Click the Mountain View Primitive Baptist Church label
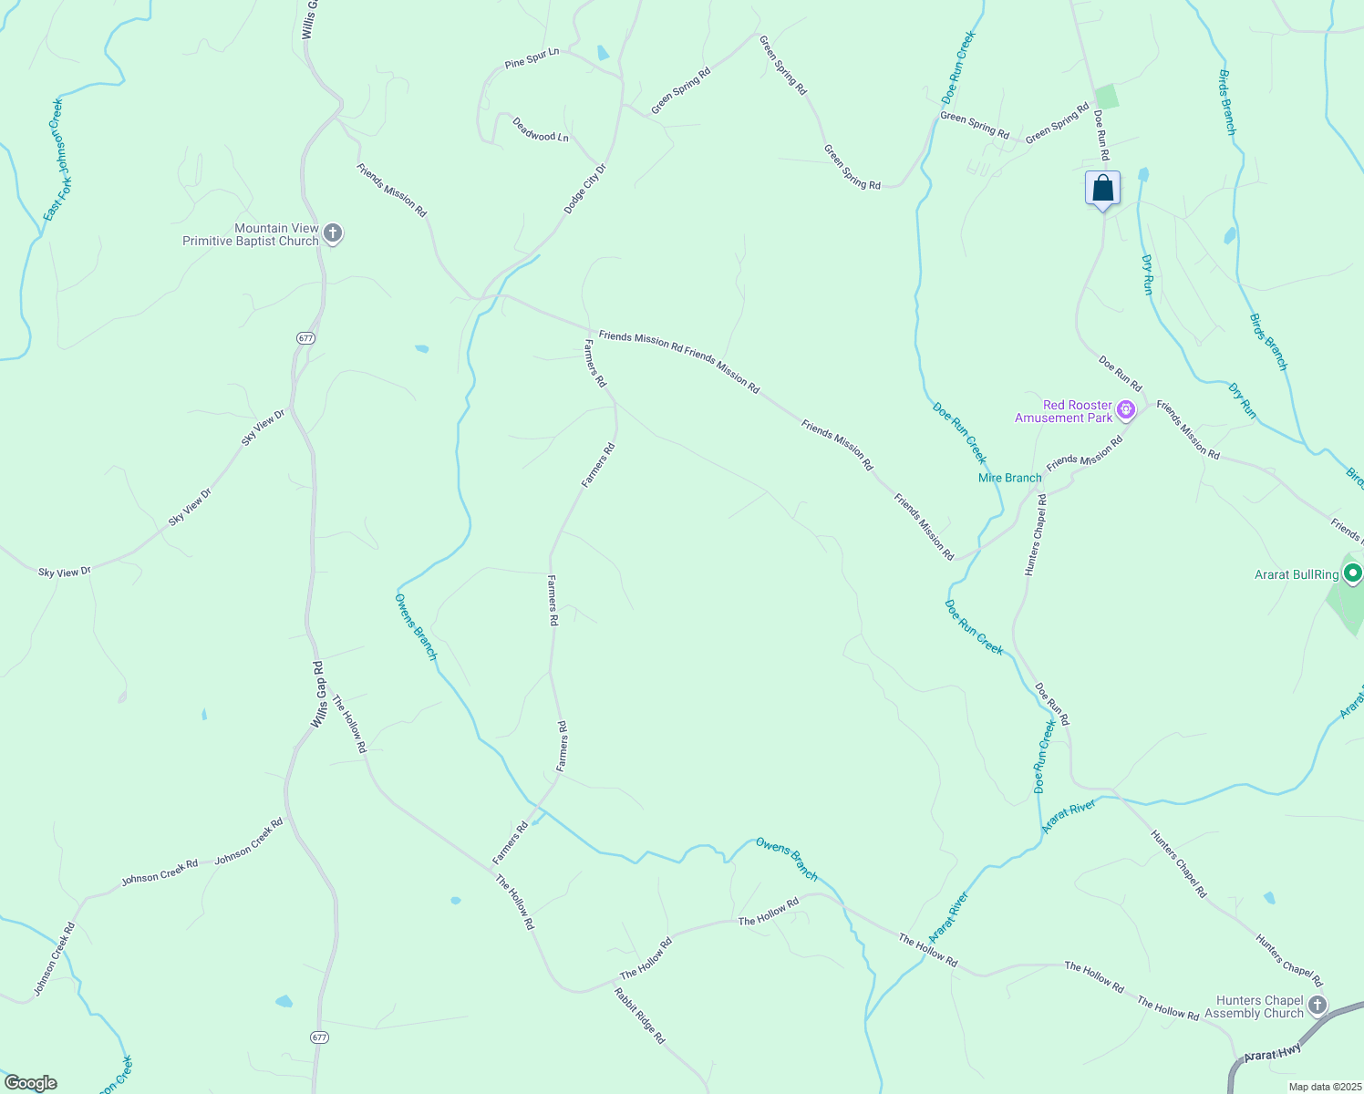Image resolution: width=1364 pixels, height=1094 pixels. coord(251,235)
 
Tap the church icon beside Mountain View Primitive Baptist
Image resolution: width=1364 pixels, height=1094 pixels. coord(333,233)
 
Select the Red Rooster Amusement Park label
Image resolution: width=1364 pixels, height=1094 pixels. coord(1065,411)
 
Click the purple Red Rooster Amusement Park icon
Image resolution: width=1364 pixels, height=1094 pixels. coord(1126,410)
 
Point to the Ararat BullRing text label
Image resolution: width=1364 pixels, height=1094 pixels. coord(1296,574)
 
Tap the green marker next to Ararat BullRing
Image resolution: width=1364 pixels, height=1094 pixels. coord(1353,573)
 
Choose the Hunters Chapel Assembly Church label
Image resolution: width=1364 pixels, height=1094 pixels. coord(1255,1007)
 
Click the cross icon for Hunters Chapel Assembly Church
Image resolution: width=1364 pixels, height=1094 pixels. coord(1317,1006)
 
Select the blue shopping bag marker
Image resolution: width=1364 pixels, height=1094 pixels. coord(1102,189)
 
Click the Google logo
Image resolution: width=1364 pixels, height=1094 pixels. coord(30,1083)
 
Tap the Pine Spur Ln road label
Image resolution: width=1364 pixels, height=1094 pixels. coord(532,58)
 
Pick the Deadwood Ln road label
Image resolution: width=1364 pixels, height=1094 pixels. coord(540,129)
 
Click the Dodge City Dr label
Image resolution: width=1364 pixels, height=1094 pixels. coord(584,189)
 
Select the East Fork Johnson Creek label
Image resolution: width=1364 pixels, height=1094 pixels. coord(57,160)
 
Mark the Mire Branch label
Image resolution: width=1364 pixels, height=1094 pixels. coord(1009,478)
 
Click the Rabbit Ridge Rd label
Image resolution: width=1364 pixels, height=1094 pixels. coord(639,1016)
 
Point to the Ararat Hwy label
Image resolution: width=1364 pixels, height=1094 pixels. coord(1271,1053)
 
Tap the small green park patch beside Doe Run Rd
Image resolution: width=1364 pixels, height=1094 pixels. coord(1106,96)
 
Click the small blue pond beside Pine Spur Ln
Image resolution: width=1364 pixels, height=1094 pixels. coord(603,53)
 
